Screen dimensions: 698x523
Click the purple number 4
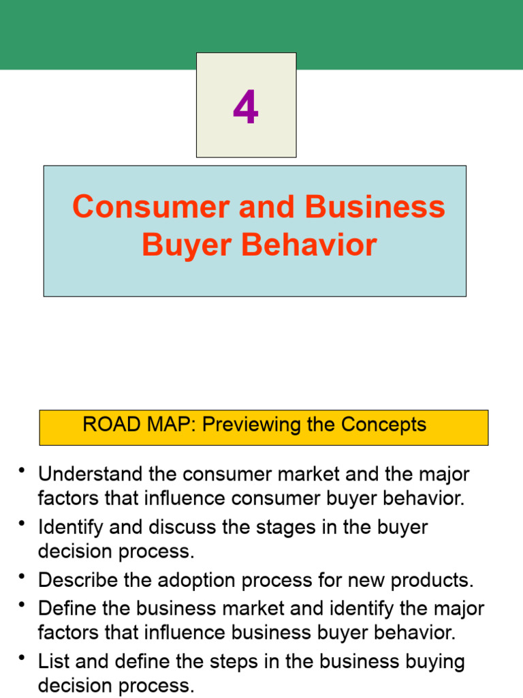[x=246, y=107]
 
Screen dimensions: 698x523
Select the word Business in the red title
[x=375, y=207]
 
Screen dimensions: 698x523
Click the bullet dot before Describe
[x=22, y=578]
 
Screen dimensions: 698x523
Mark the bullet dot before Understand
[x=22, y=471]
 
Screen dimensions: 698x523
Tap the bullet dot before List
[x=22, y=658]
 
